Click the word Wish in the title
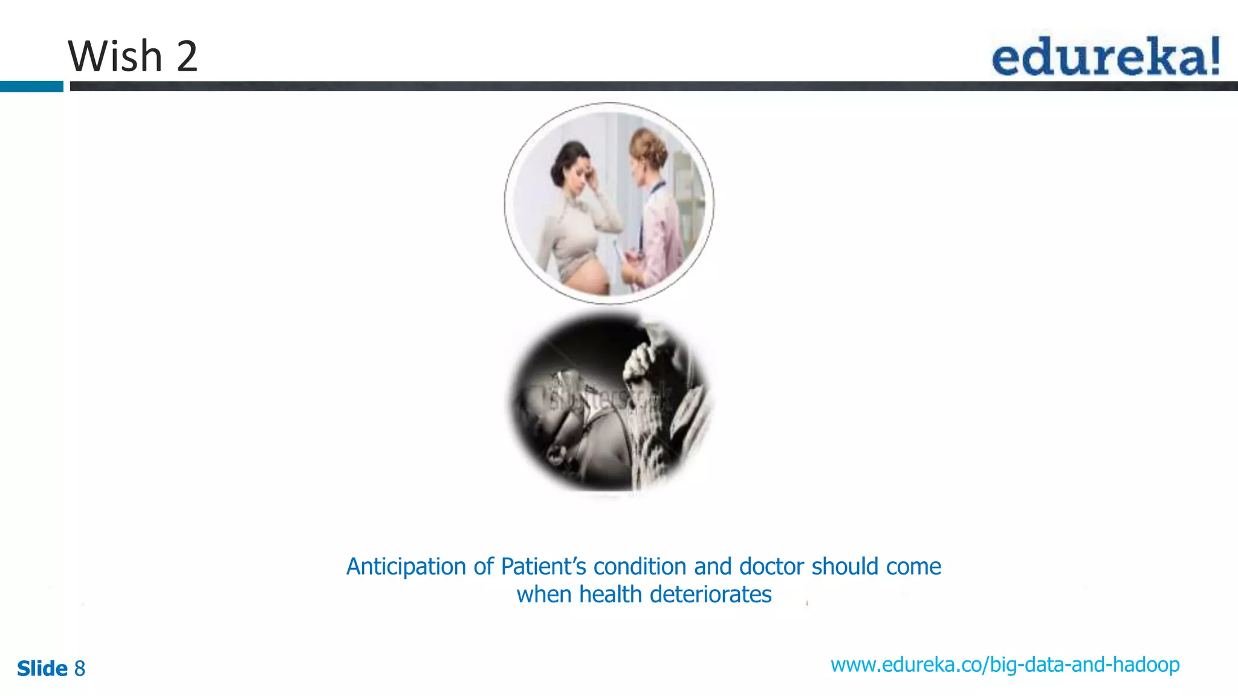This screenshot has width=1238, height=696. [115, 56]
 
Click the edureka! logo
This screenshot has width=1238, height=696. [1105, 56]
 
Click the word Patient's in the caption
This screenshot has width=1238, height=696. [543, 567]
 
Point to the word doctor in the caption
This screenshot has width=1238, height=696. [771, 567]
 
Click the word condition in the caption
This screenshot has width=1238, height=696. [640, 567]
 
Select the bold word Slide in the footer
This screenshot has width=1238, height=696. [42, 669]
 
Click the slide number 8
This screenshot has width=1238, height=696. [80, 669]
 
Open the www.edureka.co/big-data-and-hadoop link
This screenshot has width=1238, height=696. [1005, 665]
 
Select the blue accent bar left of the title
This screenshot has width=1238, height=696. [31, 86]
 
